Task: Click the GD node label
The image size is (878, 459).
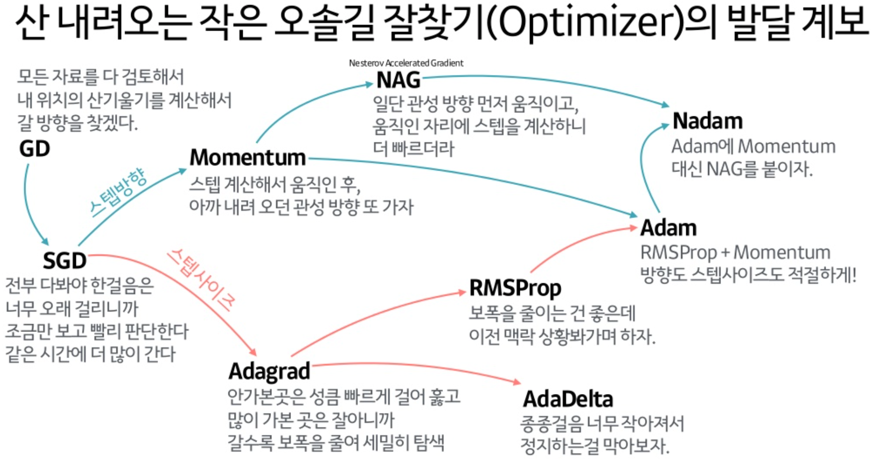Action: [35, 149]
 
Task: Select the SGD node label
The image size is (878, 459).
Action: [64, 261]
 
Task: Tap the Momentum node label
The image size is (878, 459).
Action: [248, 158]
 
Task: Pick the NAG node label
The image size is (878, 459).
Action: [398, 80]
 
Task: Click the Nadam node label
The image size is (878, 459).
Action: [707, 121]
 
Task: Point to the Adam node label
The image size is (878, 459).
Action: [669, 228]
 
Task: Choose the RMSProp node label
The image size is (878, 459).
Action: [515, 288]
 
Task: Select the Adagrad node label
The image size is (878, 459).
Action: [269, 371]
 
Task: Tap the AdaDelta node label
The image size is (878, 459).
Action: [568, 399]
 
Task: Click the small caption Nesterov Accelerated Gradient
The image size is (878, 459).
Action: [406, 63]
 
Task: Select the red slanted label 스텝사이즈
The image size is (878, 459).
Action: [201, 279]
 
